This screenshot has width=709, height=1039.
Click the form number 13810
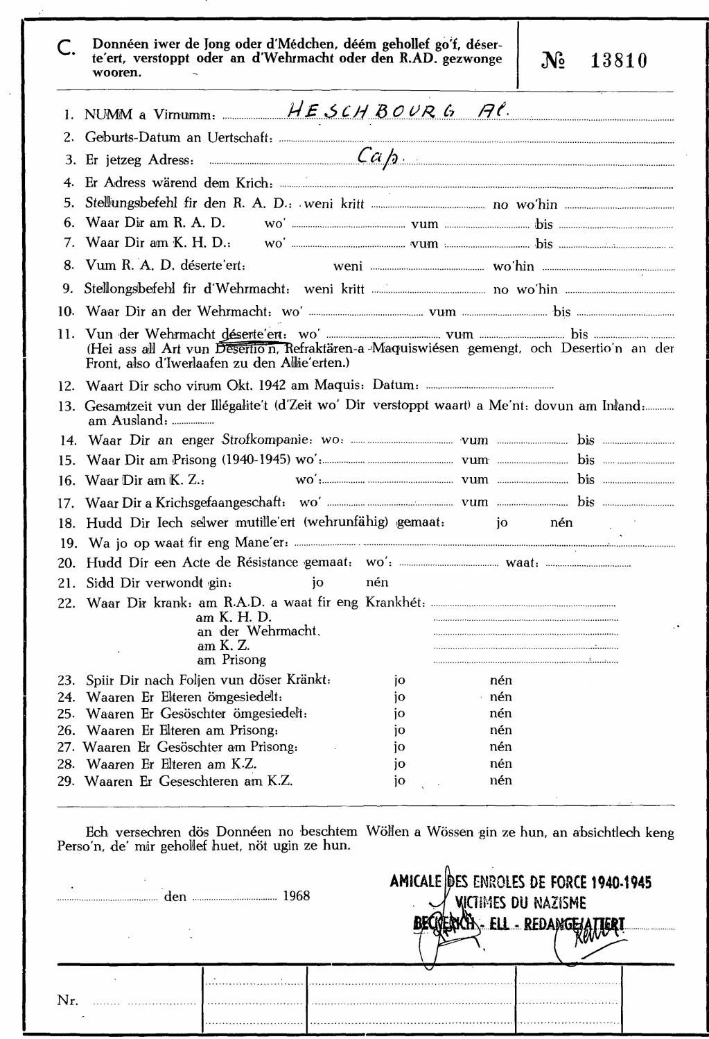[x=619, y=61]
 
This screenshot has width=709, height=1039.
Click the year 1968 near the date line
[x=296, y=895]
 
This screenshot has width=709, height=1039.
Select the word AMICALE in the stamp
[x=415, y=882]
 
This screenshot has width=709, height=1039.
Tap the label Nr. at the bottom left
[x=67, y=1000]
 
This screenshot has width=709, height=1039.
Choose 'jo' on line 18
[x=502, y=522]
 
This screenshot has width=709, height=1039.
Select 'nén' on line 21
[x=377, y=582]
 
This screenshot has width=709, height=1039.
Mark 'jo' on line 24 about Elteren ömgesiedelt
[x=399, y=696]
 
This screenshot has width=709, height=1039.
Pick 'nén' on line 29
[x=500, y=780]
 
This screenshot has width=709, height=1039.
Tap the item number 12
[x=67, y=386]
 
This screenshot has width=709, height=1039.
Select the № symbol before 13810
[x=552, y=61]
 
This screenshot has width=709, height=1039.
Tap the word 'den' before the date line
[x=175, y=896]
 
